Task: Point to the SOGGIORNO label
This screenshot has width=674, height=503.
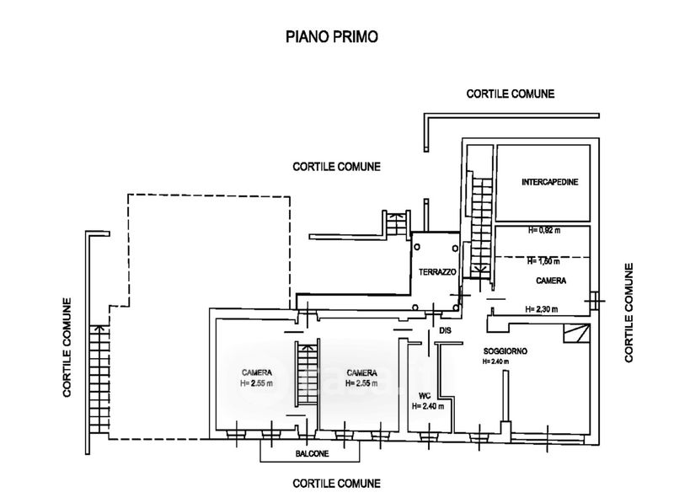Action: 505,351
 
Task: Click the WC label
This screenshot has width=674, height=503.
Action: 425,394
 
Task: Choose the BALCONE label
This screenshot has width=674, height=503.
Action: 312,454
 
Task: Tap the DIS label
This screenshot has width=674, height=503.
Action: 447,331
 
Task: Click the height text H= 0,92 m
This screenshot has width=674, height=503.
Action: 545,230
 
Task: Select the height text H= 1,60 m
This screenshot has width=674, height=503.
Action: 543,261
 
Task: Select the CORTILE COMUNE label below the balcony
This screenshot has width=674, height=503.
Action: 336,484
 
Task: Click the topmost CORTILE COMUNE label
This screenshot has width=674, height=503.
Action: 510,94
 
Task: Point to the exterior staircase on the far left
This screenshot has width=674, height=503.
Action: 99,379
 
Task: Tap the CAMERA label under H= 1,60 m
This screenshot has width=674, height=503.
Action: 550,280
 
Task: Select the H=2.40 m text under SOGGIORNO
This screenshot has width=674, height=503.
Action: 499,361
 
